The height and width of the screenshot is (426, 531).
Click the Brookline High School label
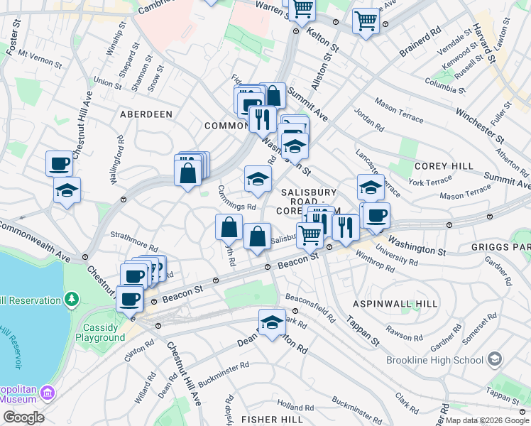[x=434, y=360]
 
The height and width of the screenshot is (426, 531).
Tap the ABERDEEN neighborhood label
[x=146, y=114]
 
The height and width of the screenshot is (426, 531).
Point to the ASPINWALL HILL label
[x=395, y=303]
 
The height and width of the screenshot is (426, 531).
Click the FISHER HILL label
[x=272, y=420]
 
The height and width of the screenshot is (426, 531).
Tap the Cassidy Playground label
[x=104, y=332]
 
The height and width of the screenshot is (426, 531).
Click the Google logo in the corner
[x=23, y=417]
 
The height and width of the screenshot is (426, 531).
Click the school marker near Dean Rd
[x=272, y=322]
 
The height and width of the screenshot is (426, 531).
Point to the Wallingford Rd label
[x=116, y=165]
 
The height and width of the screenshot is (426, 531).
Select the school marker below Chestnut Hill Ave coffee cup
[x=67, y=190]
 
